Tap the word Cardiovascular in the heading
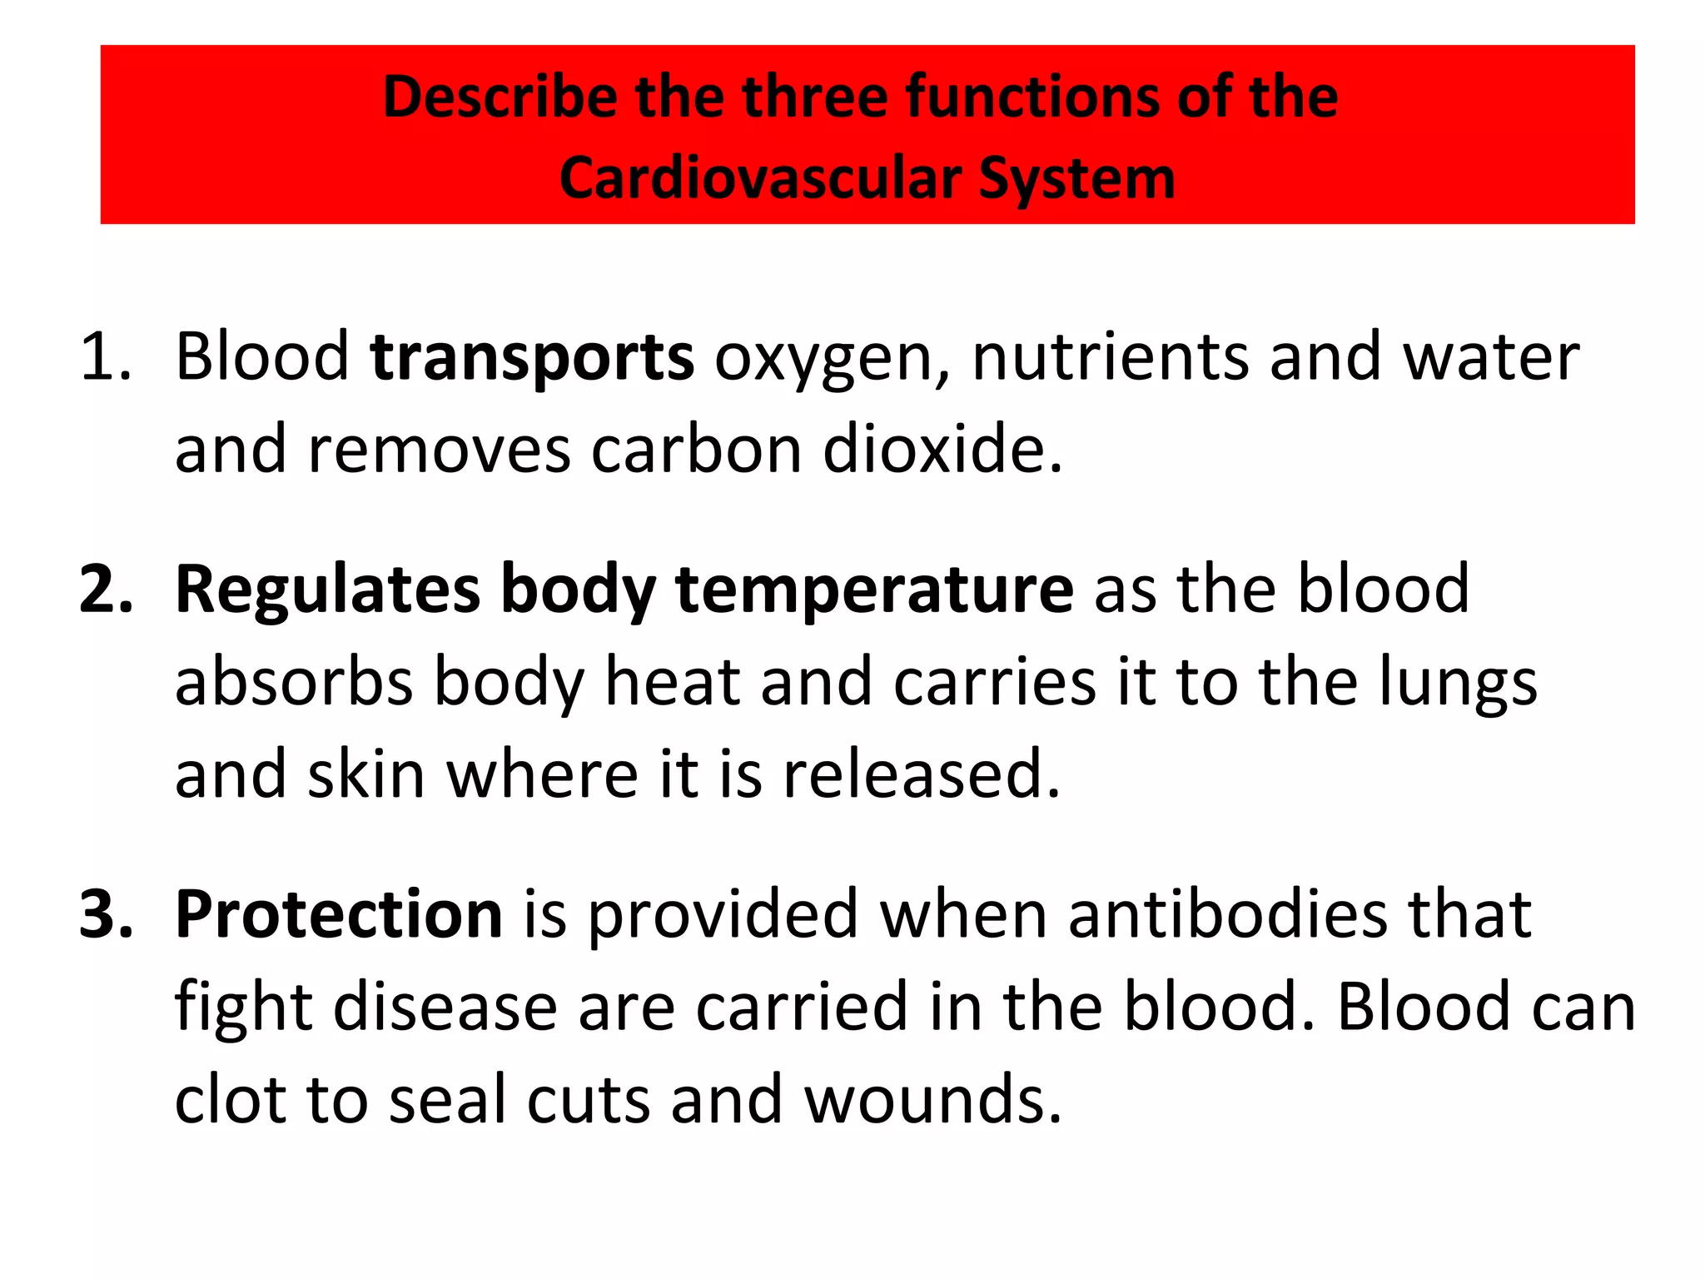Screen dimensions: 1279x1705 point(759,179)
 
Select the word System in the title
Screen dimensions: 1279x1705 point(1076,179)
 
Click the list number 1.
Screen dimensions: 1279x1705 point(105,357)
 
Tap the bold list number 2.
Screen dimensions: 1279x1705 point(105,590)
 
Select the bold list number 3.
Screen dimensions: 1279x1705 point(105,914)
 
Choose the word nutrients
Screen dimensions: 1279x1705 point(1110,357)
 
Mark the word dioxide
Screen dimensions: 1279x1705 point(942,449)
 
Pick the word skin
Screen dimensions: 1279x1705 point(366,774)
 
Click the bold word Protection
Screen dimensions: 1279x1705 point(339,914)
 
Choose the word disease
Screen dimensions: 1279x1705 point(445,1007)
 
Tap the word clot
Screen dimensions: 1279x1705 point(230,1099)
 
